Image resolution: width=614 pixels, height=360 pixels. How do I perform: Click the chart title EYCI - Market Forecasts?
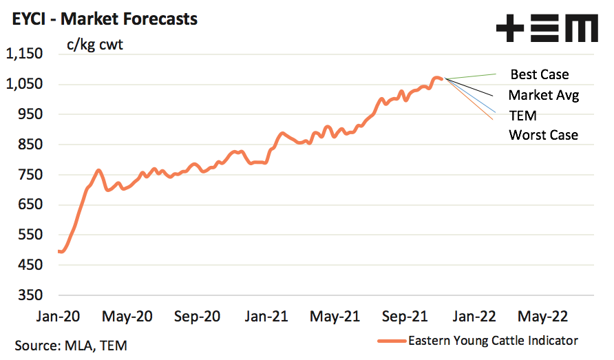point(105,19)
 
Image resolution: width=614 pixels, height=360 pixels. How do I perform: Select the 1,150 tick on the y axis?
point(25,54)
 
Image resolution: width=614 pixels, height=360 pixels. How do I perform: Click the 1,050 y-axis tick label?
point(25,84)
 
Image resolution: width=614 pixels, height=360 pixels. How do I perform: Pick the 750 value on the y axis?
point(32,174)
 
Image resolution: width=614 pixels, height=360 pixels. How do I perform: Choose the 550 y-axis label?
point(32,235)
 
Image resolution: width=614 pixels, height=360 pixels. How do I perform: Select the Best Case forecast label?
point(540,74)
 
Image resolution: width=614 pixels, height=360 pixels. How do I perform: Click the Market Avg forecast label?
point(543,95)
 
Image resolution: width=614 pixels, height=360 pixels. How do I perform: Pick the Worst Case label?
point(543,135)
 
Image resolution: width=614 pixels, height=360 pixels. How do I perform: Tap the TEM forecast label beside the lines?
point(522,115)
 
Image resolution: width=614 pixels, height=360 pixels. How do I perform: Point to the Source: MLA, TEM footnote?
point(71,344)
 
